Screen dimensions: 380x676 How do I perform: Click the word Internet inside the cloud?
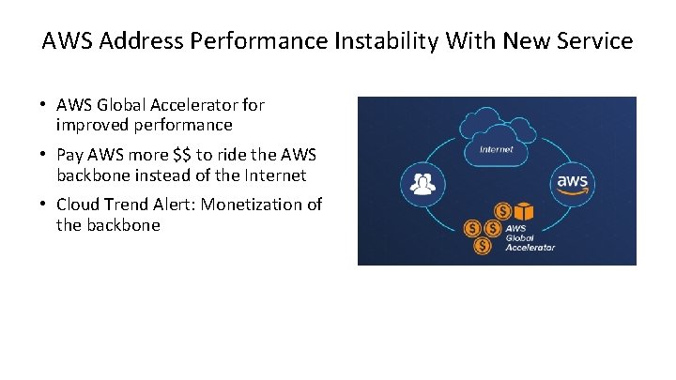[496, 149]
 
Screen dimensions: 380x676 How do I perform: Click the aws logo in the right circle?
[573, 180]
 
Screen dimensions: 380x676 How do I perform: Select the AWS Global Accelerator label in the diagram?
[530, 237]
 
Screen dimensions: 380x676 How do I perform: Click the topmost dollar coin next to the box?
[503, 211]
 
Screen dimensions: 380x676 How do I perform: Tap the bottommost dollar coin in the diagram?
[483, 246]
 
